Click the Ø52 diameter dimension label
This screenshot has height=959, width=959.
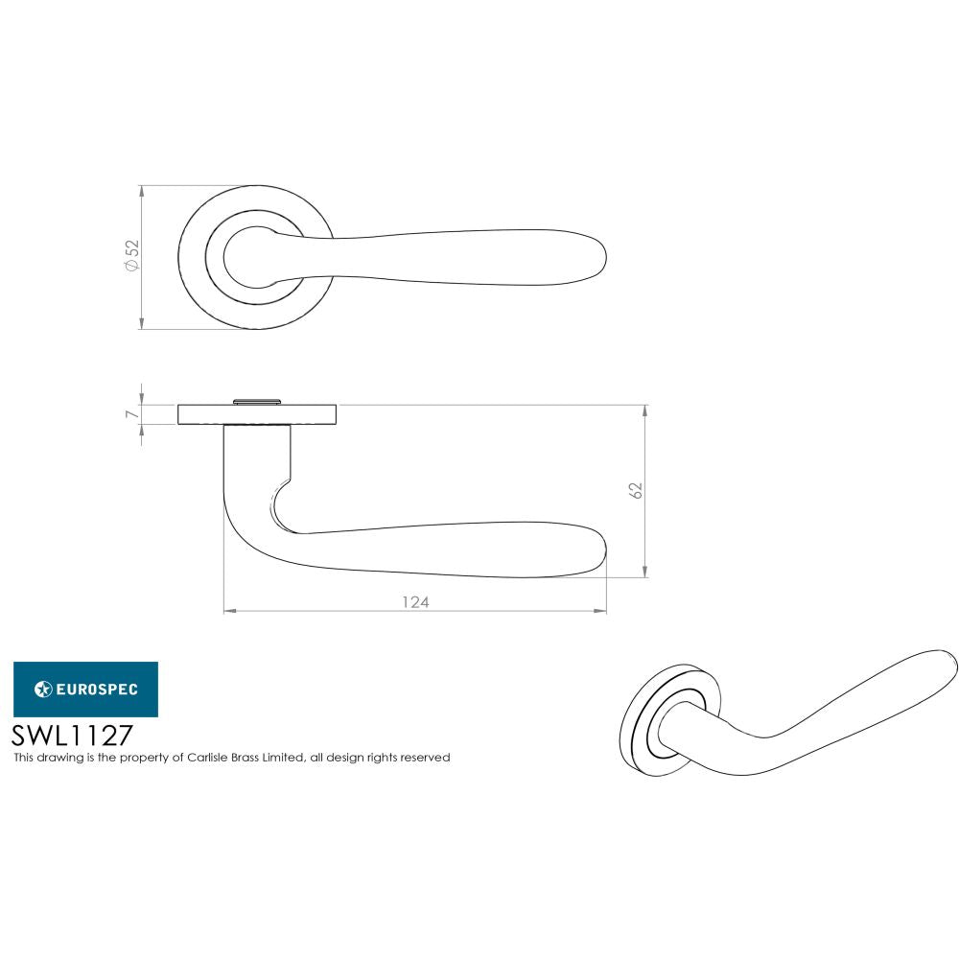(x=132, y=256)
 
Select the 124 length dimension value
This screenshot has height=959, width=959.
(x=414, y=602)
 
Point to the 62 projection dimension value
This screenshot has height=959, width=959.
(x=635, y=489)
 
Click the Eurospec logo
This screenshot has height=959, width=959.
(x=85, y=689)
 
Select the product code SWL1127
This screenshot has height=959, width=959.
(x=71, y=735)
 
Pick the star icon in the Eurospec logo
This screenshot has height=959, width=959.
(x=42, y=689)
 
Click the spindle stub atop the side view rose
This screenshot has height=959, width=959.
(x=256, y=400)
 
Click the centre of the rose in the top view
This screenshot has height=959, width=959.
(x=256, y=257)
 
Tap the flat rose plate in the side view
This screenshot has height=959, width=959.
(x=256, y=414)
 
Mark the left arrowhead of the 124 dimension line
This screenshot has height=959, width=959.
(x=227, y=611)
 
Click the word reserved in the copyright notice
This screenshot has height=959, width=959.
(x=426, y=758)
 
